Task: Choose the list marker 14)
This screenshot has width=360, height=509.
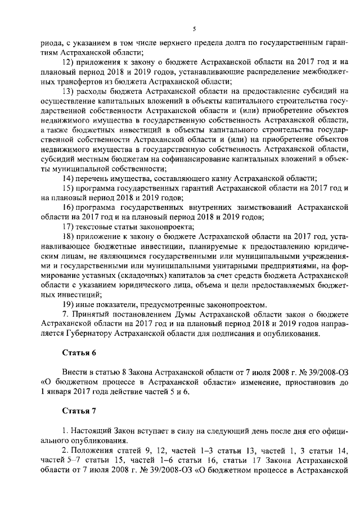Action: pyautogui.click(x=69, y=177)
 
